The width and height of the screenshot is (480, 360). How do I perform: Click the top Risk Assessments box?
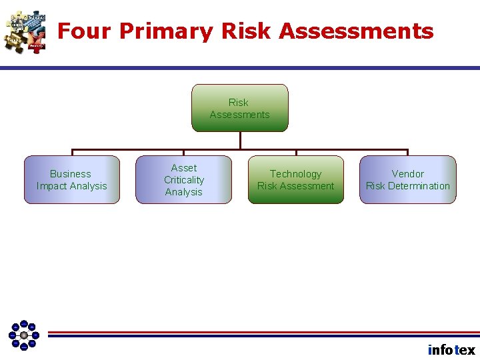click(x=240, y=108)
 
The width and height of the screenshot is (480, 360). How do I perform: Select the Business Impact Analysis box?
click(x=72, y=180)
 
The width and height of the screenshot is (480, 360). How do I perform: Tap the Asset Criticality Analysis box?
click(x=184, y=180)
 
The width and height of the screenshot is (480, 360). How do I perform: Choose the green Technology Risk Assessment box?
click(x=296, y=180)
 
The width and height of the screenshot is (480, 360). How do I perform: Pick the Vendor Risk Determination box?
click(x=408, y=180)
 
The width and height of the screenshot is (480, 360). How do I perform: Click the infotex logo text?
click(x=451, y=350)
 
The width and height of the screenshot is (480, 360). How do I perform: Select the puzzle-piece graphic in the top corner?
click(x=25, y=31)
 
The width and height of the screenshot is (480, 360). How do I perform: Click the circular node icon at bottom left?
click(x=24, y=335)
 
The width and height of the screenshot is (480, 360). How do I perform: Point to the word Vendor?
click(x=408, y=174)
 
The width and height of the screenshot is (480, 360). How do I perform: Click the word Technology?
click(x=296, y=174)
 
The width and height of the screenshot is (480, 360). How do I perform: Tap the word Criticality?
click(x=184, y=180)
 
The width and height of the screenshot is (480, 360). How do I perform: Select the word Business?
click(x=71, y=174)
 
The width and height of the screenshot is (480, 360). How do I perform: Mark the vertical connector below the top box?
click(x=240, y=140)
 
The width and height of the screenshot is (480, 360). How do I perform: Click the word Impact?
click(x=53, y=186)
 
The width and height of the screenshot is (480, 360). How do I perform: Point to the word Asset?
click(x=184, y=168)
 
